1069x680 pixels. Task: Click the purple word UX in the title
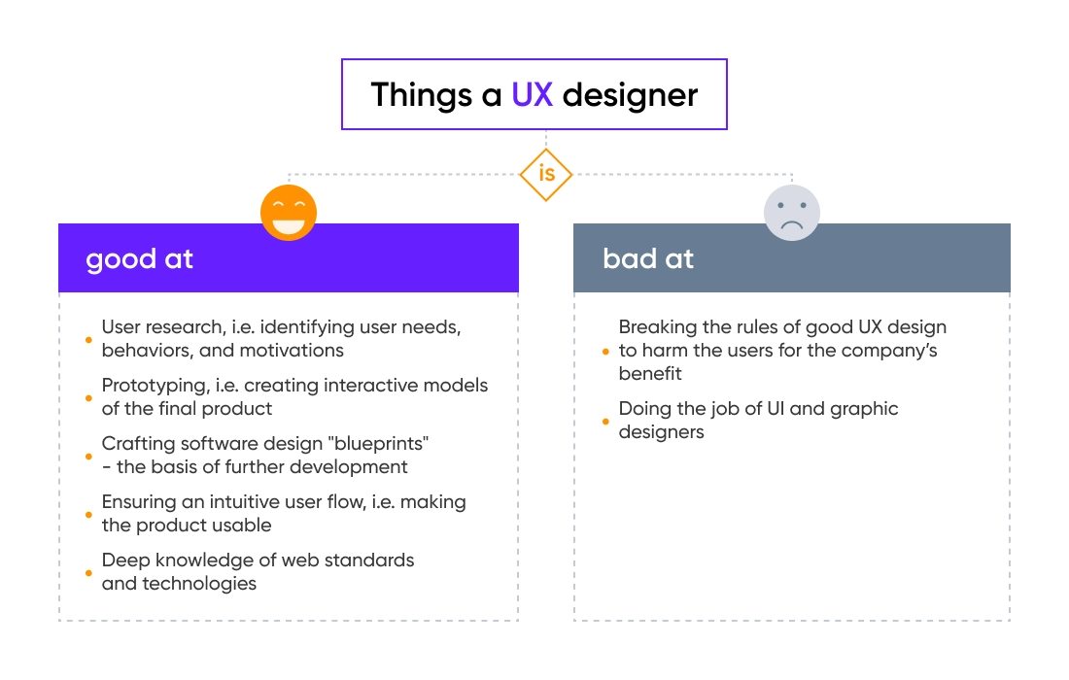[x=533, y=95]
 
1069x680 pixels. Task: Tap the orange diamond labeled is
[x=545, y=175]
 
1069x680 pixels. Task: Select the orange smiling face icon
[x=289, y=212]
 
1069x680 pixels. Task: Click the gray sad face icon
[x=792, y=213]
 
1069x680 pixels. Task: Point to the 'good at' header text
[x=139, y=259]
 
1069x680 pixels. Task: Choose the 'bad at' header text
[x=648, y=259]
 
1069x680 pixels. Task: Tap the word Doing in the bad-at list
[x=644, y=409]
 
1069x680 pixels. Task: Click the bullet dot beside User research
[x=88, y=340]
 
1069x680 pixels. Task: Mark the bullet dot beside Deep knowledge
[x=88, y=573]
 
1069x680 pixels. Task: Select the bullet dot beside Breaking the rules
[x=605, y=352]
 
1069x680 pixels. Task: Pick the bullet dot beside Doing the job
[x=605, y=421]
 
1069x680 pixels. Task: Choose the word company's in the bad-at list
[x=892, y=351]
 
